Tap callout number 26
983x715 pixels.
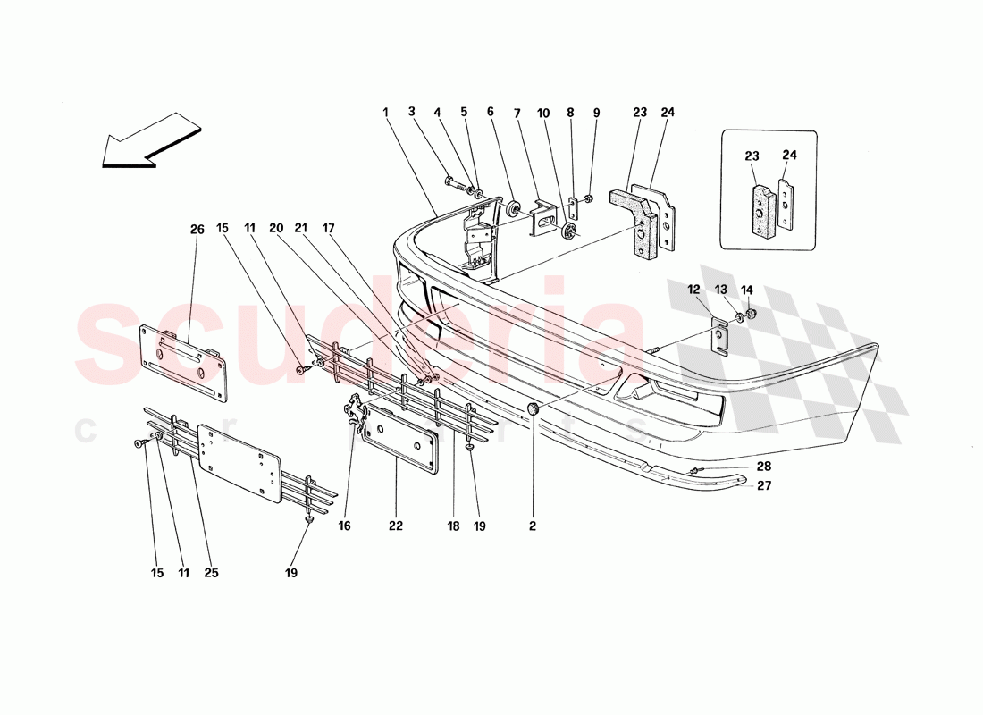pyautogui.click(x=197, y=230)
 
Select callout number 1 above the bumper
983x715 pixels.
pyautogui.click(x=385, y=113)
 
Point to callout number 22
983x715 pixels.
pyautogui.click(x=396, y=526)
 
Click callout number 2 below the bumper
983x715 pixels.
pyautogui.click(x=533, y=526)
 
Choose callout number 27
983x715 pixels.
pyautogui.click(x=764, y=485)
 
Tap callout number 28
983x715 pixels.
pyautogui.click(x=764, y=467)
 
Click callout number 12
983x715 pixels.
pyautogui.click(x=693, y=290)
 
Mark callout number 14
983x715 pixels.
pyautogui.click(x=747, y=290)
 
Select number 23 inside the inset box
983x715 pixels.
pyautogui.click(x=752, y=156)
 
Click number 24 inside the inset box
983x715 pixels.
pyautogui.click(x=790, y=155)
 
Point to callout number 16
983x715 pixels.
pyautogui.click(x=345, y=526)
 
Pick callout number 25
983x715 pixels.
pyautogui.click(x=211, y=573)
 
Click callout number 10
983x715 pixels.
pyautogui.click(x=543, y=113)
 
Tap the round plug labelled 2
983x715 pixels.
pyautogui.click(x=534, y=409)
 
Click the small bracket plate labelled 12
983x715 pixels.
pyautogui.click(x=719, y=339)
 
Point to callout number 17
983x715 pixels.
pyautogui.click(x=329, y=228)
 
